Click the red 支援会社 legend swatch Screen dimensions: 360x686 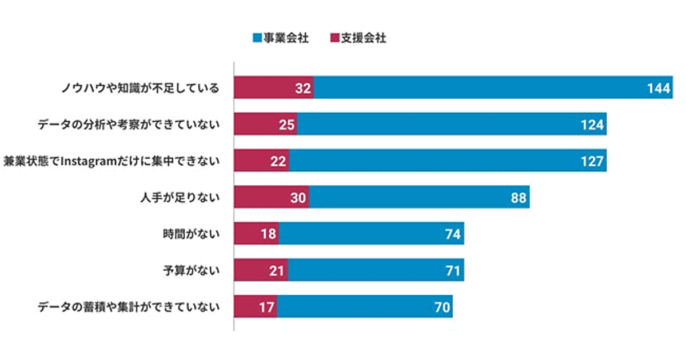pyautogui.click(x=334, y=39)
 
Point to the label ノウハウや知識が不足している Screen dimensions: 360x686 pyautogui.click(x=140, y=89)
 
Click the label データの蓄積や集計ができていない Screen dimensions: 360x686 pyautogui.click(x=129, y=307)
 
